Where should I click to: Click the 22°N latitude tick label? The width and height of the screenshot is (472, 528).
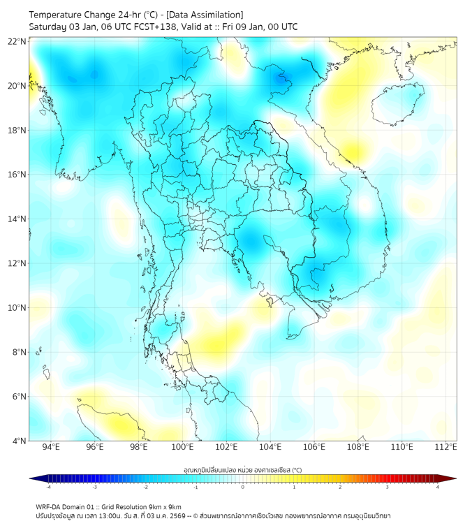click(x=17, y=41)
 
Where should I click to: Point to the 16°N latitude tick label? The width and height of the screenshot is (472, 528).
click(x=17, y=175)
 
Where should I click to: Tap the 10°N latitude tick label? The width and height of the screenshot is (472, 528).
click(x=17, y=308)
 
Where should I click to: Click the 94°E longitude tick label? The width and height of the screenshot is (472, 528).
click(x=51, y=447)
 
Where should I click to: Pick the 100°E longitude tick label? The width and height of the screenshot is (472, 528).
click(x=182, y=447)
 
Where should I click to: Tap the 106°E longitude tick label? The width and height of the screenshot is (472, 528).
click(x=314, y=447)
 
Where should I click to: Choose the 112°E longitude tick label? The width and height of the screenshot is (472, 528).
click(x=446, y=447)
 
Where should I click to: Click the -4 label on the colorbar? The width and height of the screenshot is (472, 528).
click(x=48, y=487)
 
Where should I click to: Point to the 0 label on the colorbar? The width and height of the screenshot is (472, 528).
click(x=243, y=487)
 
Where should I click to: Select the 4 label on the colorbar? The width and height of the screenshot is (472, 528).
click(x=438, y=487)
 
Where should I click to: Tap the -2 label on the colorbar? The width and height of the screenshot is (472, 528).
click(x=145, y=487)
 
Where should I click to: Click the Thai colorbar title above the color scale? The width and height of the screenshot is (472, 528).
click(x=242, y=469)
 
